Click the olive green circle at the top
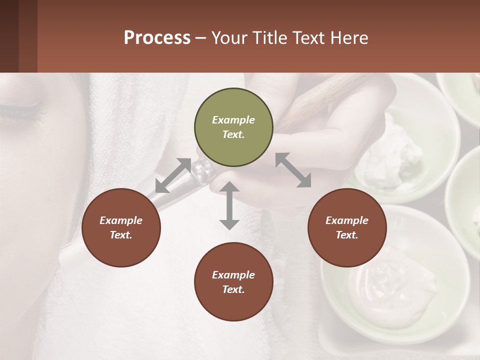click(x=233, y=127)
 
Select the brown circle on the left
click(x=121, y=227)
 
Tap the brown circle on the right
click(x=347, y=227)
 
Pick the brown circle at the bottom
click(x=233, y=282)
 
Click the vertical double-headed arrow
click(x=229, y=205)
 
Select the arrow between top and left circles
click(x=173, y=175)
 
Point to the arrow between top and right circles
click(x=293, y=170)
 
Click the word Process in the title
click(x=157, y=37)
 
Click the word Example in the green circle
click(x=233, y=120)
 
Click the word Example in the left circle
click(x=121, y=220)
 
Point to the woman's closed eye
click(x=25, y=107)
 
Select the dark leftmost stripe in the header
click(x=9, y=36)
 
